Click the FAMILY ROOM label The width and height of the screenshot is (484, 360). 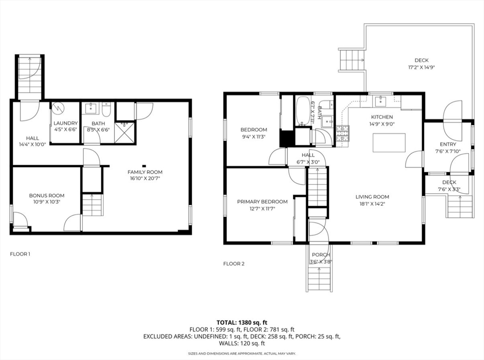coord(145,172)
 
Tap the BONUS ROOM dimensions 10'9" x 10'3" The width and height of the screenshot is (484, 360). coord(46,202)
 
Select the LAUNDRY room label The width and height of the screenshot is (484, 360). coord(65,123)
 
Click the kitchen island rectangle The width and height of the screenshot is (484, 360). coord(389,143)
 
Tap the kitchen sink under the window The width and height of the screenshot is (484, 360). coord(380,101)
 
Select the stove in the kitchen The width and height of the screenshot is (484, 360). coord(343,134)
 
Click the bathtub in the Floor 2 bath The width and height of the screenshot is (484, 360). coord(302,111)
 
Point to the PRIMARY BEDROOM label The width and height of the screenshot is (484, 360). coord(262,202)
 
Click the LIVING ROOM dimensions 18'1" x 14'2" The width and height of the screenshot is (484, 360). coord(372,204)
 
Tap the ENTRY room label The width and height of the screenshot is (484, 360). coord(448,144)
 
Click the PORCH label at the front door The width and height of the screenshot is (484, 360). coord(320,255)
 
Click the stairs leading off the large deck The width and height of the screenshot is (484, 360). coord(351,61)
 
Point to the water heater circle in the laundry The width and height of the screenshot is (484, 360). coord(58,108)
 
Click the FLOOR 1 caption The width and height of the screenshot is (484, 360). coord(20,254)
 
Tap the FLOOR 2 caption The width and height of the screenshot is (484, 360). coord(233,264)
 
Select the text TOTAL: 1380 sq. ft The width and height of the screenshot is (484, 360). coord(242,323)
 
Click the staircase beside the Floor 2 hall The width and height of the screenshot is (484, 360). coord(318,187)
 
